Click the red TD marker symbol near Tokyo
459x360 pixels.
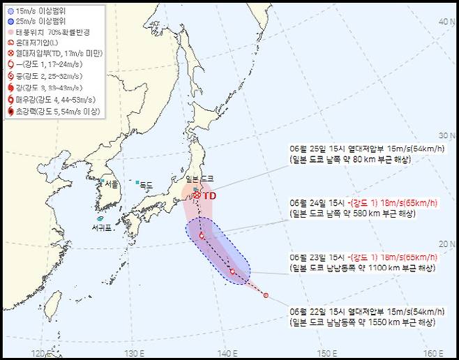coord(197,196)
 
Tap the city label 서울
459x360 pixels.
coord(111,184)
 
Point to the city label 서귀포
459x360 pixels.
coord(103,227)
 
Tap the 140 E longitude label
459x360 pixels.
coord(226,353)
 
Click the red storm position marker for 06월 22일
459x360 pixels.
coord(266,295)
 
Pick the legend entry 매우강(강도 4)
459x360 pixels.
coord(46,100)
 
